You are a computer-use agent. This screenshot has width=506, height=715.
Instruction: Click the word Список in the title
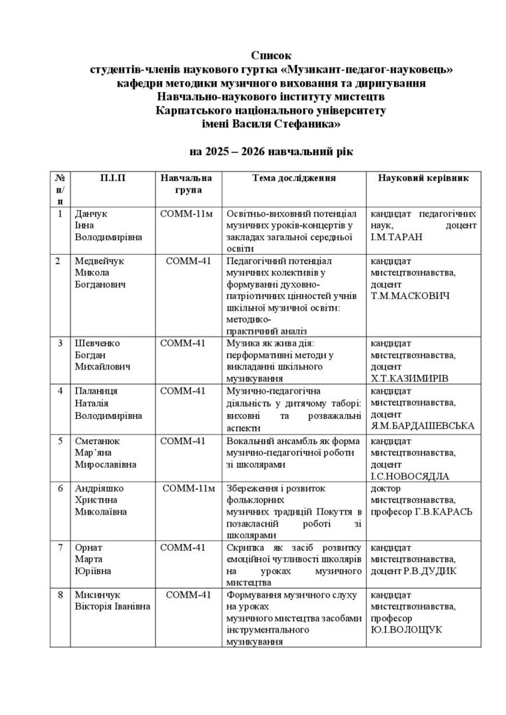tap(269, 55)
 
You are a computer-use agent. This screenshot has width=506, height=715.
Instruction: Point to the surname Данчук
tap(92, 214)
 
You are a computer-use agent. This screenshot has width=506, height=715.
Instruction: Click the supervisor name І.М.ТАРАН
tap(400, 237)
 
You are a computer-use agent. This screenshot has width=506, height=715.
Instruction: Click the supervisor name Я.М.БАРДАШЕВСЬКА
tap(422, 425)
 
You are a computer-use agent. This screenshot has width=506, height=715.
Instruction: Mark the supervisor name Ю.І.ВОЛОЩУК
tap(406, 630)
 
